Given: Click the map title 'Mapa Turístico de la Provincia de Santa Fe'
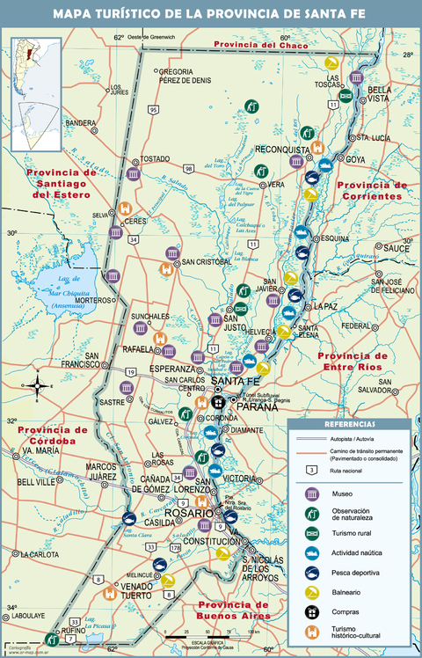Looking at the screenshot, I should click(211, 13).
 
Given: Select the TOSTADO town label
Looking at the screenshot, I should click(155, 159).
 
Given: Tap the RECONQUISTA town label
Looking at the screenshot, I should click(283, 150).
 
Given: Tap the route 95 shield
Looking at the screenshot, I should click(154, 109).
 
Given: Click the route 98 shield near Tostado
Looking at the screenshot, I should click(189, 167).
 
